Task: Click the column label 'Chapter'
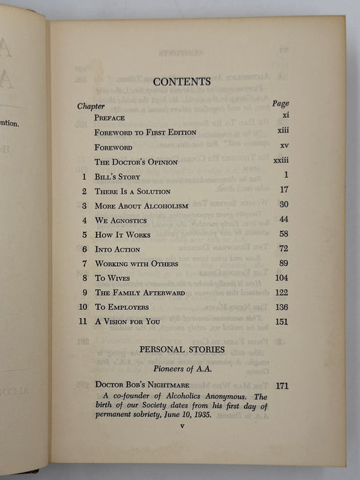[x=91, y=107]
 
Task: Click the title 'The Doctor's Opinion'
[x=136, y=162]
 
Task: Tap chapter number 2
[x=84, y=191]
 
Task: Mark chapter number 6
[x=84, y=250]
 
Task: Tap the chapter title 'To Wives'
[x=116, y=279]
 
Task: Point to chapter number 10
[x=82, y=309]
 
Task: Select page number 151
[x=281, y=323]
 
